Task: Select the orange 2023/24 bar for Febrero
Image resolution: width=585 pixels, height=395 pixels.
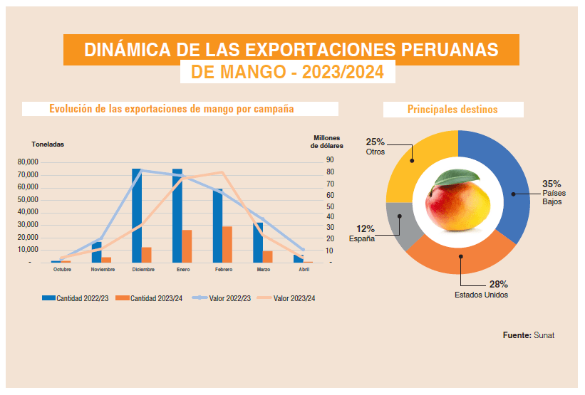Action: (x=227, y=245)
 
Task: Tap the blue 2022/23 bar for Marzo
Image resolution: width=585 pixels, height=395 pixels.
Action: (x=258, y=243)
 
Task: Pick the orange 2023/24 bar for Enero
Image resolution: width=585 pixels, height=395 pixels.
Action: (x=187, y=246)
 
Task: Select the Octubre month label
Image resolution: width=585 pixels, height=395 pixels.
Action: (x=62, y=270)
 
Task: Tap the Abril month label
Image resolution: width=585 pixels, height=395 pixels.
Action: (x=304, y=270)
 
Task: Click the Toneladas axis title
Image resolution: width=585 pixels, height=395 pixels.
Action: (x=48, y=144)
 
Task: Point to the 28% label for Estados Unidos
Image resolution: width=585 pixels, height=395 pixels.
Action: (x=498, y=285)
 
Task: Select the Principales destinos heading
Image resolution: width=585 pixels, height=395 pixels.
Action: (x=452, y=110)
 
